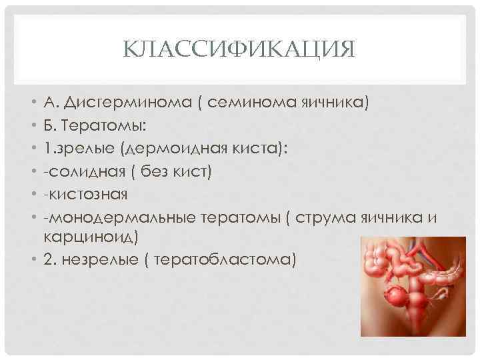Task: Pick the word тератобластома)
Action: click(223, 259)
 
